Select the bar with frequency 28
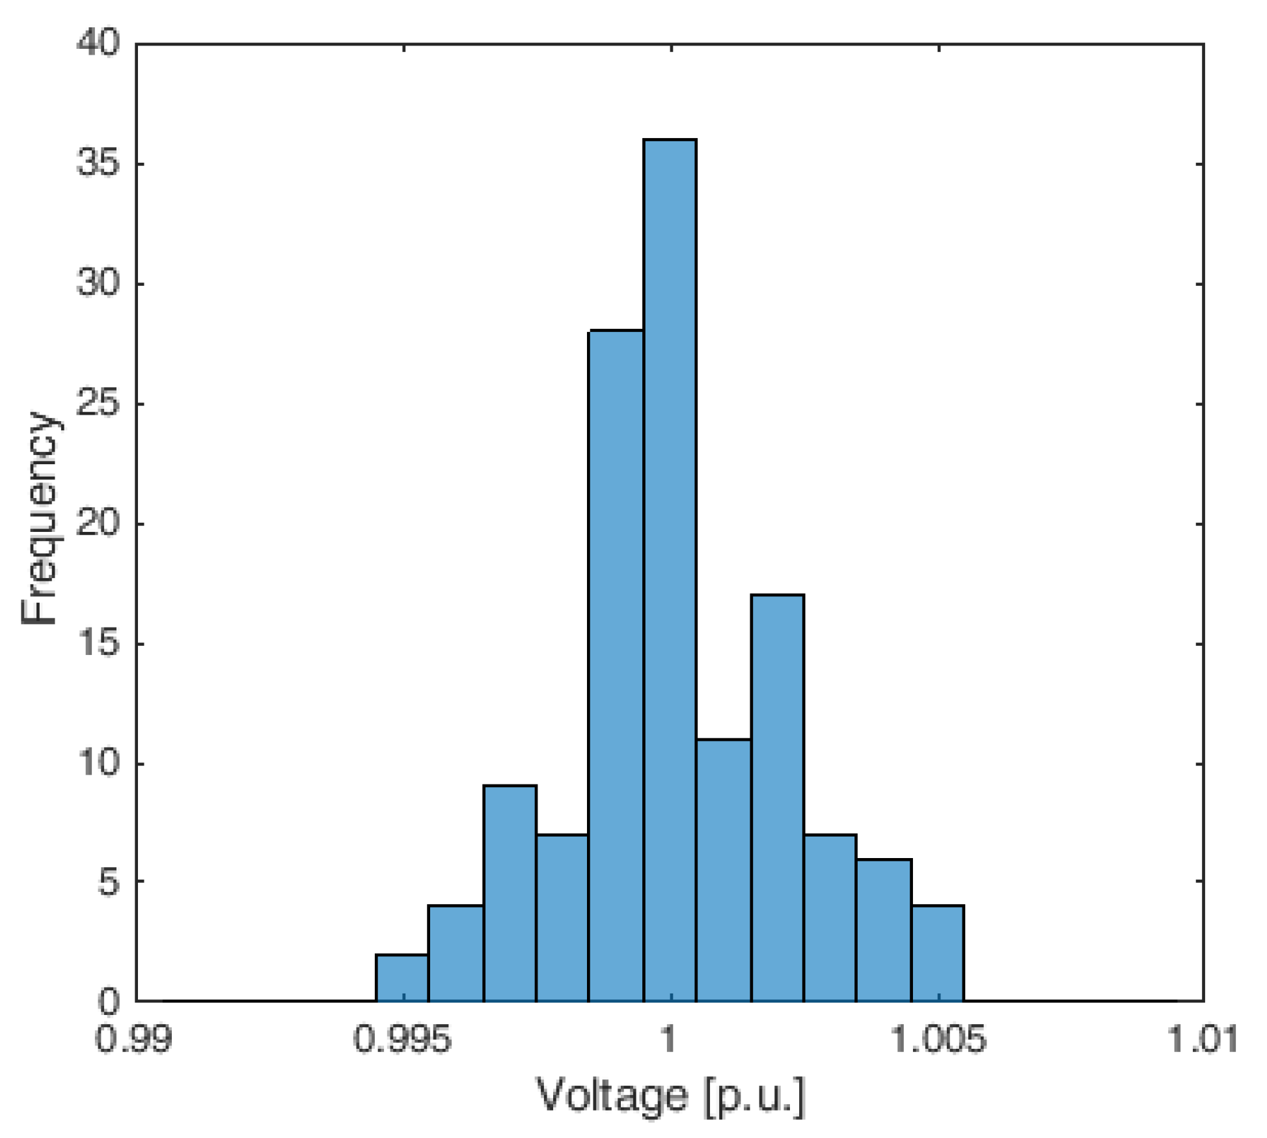pyautogui.click(x=616, y=664)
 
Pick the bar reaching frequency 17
pyautogui.click(x=777, y=798)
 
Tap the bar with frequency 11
pyautogui.click(x=723, y=869)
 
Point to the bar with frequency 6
pyautogui.click(x=883, y=930)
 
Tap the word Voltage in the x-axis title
pyautogui.click(x=611, y=1095)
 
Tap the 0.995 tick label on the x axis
pyautogui.click(x=402, y=1038)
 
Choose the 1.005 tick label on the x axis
pyautogui.click(x=938, y=1038)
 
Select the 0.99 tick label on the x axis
pyautogui.click(x=135, y=1038)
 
